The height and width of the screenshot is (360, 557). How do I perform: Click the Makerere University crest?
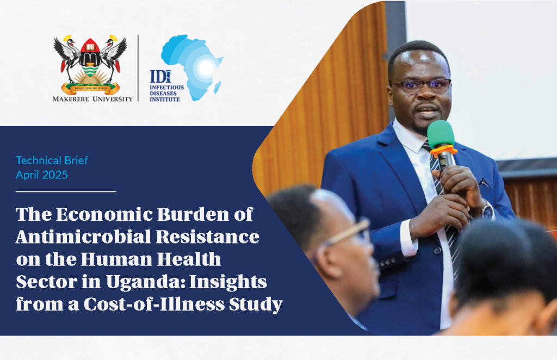90,65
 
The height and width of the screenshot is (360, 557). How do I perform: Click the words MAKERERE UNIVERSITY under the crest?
92,99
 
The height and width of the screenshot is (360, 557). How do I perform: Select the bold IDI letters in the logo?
160,77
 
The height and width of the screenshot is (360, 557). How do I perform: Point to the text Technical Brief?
52,160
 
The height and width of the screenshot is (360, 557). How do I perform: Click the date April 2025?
41,175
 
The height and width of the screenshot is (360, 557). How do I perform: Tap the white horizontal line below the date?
66,192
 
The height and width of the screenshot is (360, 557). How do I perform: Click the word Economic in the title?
104,214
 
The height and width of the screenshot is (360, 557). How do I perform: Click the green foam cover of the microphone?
441,134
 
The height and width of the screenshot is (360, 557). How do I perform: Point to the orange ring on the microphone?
443,151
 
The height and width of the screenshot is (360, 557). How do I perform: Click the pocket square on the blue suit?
483,182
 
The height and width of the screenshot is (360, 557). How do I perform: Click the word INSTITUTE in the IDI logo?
164,100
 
